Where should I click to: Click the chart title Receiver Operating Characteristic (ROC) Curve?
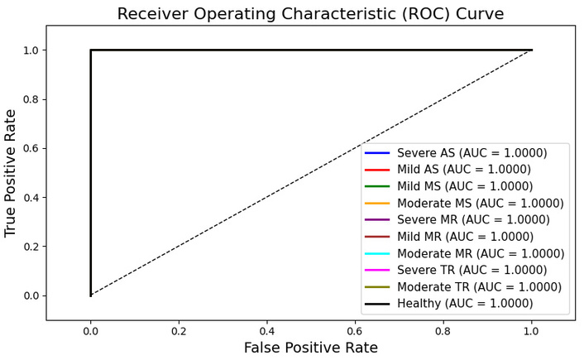coord(310,14)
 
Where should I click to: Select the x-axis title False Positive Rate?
coord(311,348)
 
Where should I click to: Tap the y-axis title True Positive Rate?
coord(10,173)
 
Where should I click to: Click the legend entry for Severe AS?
coord(472,153)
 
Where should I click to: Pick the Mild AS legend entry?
coord(464,169)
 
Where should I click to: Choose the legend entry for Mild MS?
coord(465,186)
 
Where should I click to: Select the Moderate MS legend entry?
coord(481,203)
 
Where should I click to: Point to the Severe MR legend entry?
coord(473,219)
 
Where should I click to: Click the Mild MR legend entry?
coord(465,236)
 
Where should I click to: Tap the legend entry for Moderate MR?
coord(481,253)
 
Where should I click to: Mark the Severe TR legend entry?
coord(472,270)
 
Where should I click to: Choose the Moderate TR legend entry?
coord(479,287)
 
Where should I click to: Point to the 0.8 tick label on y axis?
coord(30,99)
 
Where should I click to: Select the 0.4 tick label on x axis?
coord(267,331)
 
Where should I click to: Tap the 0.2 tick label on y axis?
coord(30,247)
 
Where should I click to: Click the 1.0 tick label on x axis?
coord(532,331)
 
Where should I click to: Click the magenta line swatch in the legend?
coord(377,270)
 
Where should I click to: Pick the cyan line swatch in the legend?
coord(377,253)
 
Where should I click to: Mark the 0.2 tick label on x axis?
coord(179,331)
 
